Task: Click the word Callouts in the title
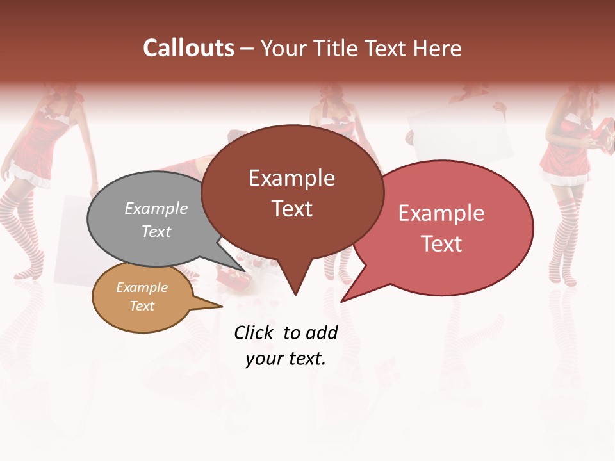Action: [x=188, y=48]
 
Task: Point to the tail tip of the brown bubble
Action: [x=295, y=294]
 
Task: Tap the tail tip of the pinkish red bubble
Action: [x=343, y=300]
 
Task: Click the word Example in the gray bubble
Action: [x=156, y=208]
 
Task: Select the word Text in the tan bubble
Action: [x=142, y=306]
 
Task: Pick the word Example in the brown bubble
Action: [x=291, y=178]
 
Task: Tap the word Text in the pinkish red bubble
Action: [x=442, y=244]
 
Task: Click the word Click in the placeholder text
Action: [x=253, y=332]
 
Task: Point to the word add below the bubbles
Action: [x=321, y=332]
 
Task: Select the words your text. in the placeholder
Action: [x=286, y=359]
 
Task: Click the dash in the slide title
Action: [x=248, y=49]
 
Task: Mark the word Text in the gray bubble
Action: [x=156, y=231]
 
